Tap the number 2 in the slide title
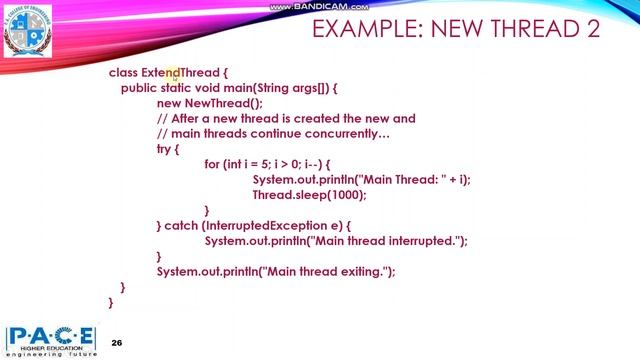click(592, 29)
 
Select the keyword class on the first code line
click(122, 73)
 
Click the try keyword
click(165, 148)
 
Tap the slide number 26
click(117, 342)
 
